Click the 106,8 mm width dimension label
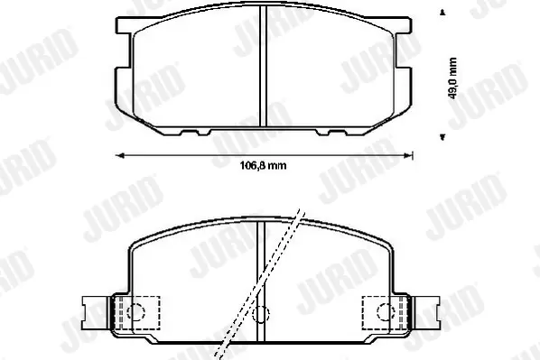263,166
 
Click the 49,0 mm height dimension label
452,78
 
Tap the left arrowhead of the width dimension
119,156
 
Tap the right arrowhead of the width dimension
408,156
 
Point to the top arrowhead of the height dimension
442,13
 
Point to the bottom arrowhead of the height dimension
442,137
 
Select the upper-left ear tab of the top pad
124,25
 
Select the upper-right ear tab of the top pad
403,25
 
